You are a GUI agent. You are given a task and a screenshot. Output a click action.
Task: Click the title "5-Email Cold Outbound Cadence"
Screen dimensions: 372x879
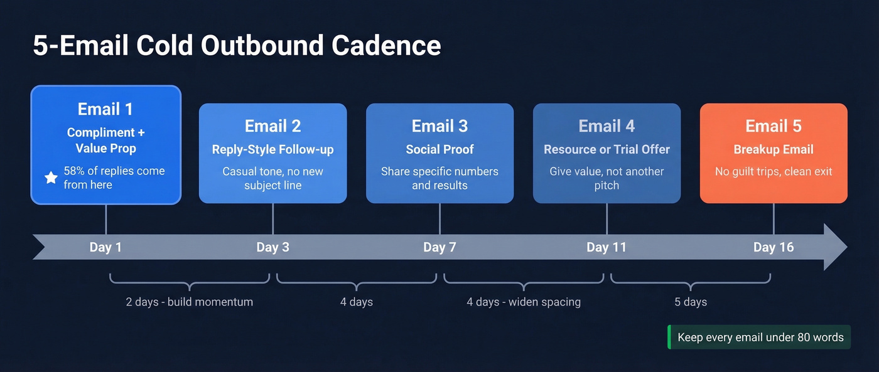pyautogui.click(x=237, y=46)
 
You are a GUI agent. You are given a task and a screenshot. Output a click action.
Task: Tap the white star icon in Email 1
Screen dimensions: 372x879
pyautogui.click(x=51, y=178)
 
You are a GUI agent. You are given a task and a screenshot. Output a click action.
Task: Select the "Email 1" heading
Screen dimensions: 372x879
pyautogui.click(x=105, y=109)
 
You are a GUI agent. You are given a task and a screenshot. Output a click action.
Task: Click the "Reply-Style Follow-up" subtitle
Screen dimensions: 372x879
pyautogui.click(x=272, y=149)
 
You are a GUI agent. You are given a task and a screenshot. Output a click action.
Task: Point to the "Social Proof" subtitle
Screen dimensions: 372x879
pyautogui.click(x=439, y=149)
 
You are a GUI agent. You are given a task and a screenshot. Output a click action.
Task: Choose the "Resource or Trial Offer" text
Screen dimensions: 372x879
pyautogui.click(x=607, y=149)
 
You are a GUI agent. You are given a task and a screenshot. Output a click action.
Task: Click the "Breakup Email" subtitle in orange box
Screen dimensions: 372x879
pyautogui.click(x=774, y=149)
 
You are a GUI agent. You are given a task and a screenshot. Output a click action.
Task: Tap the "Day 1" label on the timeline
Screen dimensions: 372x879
pyautogui.click(x=105, y=247)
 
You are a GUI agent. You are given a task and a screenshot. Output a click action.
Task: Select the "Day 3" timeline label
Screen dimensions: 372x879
pyautogui.click(x=272, y=247)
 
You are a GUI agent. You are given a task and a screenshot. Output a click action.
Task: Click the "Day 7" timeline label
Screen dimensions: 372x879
pyautogui.click(x=439, y=247)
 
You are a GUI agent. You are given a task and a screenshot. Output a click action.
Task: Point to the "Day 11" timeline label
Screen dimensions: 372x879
pyautogui.click(x=607, y=247)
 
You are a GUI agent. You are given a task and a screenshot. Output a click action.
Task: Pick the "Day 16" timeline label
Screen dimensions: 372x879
pyautogui.click(x=774, y=247)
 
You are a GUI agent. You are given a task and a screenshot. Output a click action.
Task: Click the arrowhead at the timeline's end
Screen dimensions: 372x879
pyautogui.click(x=836, y=247)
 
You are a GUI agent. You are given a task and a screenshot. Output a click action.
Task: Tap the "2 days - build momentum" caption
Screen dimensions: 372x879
pyautogui.click(x=190, y=302)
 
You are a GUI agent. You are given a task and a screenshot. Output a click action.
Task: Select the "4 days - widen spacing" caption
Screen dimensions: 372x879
pyautogui.click(x=524, y=302)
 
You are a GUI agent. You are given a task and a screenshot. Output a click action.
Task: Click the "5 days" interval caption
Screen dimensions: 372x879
pyautogui.click(x=691, y=302)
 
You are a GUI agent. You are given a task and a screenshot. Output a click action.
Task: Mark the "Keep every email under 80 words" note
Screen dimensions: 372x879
pyautogui.click(x=760, y=337)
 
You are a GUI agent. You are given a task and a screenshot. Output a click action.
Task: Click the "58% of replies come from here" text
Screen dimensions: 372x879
pyautogui.click(x=114, y=178)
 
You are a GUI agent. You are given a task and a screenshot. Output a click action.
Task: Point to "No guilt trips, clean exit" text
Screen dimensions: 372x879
pyautogui.click(x=774, y=171)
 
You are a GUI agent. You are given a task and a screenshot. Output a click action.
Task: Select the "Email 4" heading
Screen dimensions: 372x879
pyautogui.click(x=607, y=126)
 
